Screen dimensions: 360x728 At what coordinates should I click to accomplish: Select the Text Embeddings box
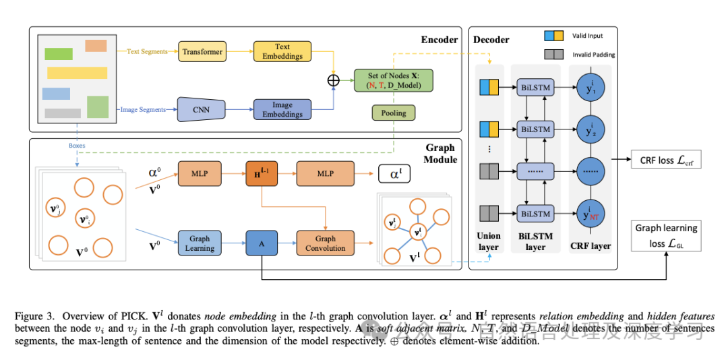point(282,51)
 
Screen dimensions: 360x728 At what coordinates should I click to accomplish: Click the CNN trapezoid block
point(201,109)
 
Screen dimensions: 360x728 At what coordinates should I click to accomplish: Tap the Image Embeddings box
point(282,109)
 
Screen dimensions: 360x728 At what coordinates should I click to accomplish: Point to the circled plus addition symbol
point(333,80)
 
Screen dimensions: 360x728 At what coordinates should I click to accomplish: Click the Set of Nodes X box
point(394,80)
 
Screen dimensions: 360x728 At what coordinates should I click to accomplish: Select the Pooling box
point(394,113)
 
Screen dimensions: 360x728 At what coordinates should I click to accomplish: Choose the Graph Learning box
point(200,243)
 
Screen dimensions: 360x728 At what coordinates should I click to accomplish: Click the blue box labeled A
point(262,243)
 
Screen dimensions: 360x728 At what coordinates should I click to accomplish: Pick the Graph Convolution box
point(326,243)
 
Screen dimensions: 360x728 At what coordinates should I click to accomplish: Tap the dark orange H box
point(262,173)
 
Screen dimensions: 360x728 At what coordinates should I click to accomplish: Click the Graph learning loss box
point(666,236)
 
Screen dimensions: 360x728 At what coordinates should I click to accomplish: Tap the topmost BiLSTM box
point(535,88)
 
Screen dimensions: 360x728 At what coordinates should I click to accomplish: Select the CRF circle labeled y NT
point(590,213)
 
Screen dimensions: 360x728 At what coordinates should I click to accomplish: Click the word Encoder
point(439,39)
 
